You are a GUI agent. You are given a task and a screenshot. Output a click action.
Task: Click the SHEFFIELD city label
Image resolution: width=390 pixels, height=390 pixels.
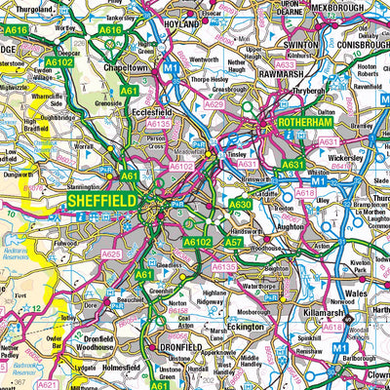tap(99, 200)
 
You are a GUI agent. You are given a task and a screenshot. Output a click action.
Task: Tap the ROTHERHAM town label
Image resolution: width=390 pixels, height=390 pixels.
tap(305, 124)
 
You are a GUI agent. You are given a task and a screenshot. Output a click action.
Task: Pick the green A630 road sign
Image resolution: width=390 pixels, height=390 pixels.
tap(240, 204)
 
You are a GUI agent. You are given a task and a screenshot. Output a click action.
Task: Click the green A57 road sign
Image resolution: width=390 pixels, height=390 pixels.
tap(234, 241)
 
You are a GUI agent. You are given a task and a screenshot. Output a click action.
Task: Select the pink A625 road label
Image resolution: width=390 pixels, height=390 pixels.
tap(112, 254)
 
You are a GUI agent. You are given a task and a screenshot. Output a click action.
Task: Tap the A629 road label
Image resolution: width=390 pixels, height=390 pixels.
tap(214, 101)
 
